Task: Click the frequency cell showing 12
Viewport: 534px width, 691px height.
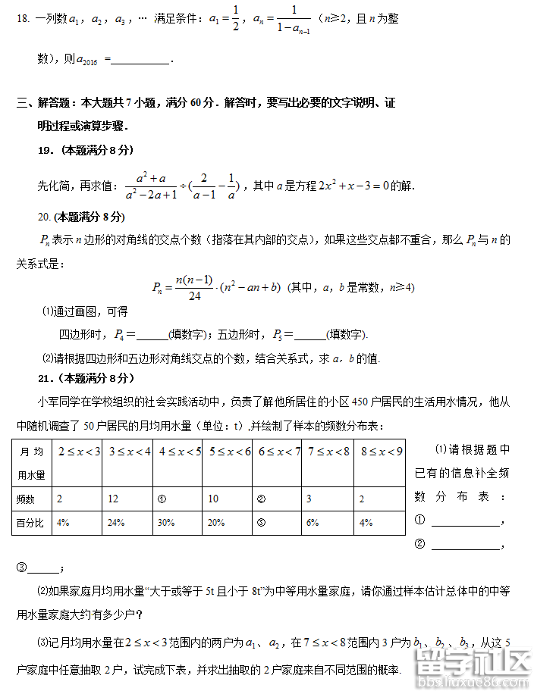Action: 114,499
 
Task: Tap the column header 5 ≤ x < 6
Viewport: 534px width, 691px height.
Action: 229,452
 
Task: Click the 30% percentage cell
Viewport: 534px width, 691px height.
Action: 166,522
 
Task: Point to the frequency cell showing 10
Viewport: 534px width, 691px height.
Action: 215,499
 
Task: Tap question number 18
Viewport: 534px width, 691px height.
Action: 22,19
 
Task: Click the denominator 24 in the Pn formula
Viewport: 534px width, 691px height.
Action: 194,296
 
